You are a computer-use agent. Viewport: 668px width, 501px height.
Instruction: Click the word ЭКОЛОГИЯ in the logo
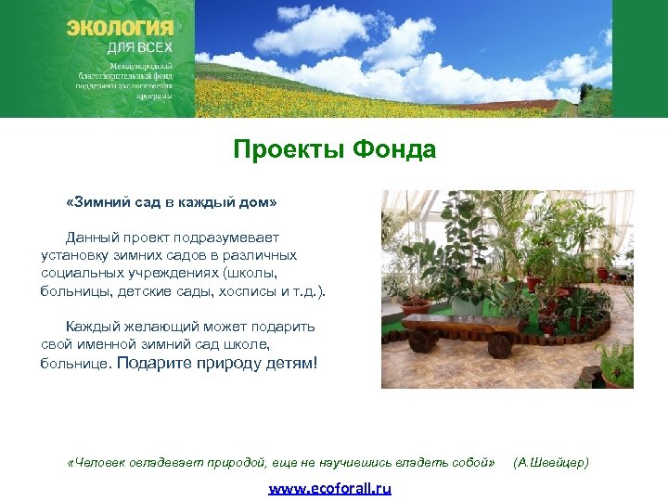(x=120, y=27)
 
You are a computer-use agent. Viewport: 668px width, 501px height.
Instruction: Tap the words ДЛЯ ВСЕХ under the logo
(x=140, y=47)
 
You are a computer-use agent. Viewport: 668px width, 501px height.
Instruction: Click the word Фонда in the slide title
(x=389, y=148)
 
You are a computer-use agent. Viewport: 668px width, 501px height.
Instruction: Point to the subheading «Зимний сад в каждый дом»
(x=172, y=201)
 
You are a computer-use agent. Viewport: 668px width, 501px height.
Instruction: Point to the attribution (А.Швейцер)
(x=551, y=462)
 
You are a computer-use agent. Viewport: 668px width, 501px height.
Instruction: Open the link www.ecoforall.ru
(x=330, y=488)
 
